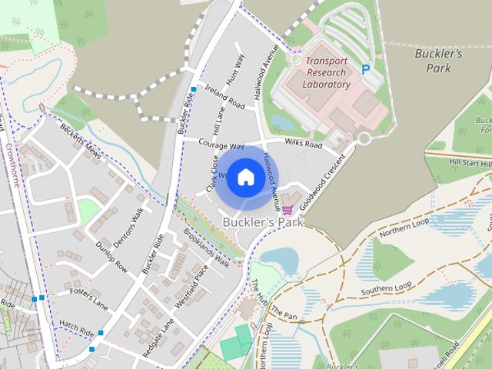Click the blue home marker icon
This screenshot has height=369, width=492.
(x=245, y=178)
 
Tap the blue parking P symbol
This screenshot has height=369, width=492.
(x=366, y=69)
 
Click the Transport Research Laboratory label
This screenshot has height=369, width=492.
(x=327, y=72)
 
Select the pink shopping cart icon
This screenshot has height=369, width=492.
(x=287, y=209)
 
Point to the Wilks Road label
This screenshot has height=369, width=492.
(x=303, y=143)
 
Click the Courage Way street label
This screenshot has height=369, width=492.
(x=221, y=145)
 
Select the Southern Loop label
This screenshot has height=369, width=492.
(x=387, y=288)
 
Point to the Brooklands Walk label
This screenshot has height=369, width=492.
(x=206, y=247)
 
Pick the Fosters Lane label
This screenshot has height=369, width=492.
(x=88, y=297)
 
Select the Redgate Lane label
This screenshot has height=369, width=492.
(x=159, y=338)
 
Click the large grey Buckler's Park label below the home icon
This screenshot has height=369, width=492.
(x=263, y=222)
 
